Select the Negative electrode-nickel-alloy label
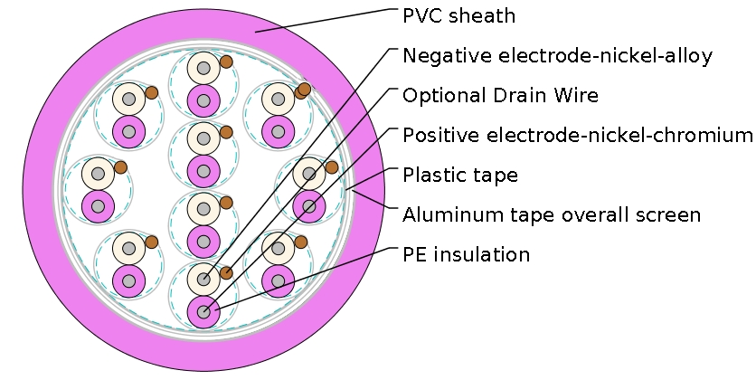pyautogui.click(x=557, y=56)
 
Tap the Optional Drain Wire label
pyautogui.click(x=500, y=95)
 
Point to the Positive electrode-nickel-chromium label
pyautogui.click(x=577, y=136)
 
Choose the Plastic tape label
pyautogui.click(x=460, y=175)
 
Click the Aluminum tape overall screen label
pyautogui.click(x=552, y=215)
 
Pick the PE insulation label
pyautogui.click(x=466, y=254)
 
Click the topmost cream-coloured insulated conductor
pyautogui.click(x=203, y=67)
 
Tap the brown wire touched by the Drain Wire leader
pyautogui.click(x=226, y=272)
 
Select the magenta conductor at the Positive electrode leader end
pyautogui.click(x=309, y=205)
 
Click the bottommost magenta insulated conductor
pyautogui.click(x=203, y=312)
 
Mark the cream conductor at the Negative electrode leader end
pyautogui.click(x=203, y=279)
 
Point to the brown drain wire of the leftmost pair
pyautogui.click(x=120, y=166)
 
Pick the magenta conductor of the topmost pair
pyautogui.click(x=203, y=100)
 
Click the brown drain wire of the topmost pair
pyautogui.click(x=226, y=62)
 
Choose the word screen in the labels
pyautogui.click(x=672, y=215)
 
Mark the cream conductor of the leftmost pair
pyautogui.click(x=97, y=173)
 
